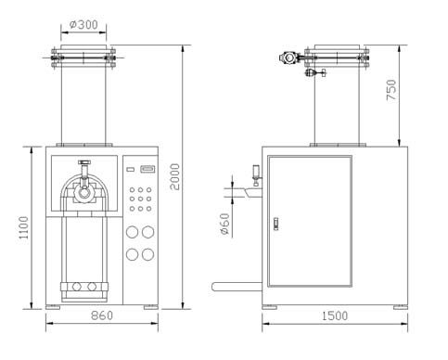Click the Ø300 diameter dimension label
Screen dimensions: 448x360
(83, 24)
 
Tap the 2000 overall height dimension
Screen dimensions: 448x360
(175, 176)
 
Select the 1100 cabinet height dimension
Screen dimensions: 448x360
(23, 227)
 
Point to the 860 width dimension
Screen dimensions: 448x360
(102, 315)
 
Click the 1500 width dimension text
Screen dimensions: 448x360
(335, 316)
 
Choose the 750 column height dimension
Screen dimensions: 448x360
(391, 90)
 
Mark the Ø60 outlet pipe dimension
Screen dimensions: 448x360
(225, 224)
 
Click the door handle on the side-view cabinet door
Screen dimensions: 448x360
(276, 224)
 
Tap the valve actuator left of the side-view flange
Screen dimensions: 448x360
(288, 58)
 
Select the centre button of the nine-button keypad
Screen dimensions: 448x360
(140, 199)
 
